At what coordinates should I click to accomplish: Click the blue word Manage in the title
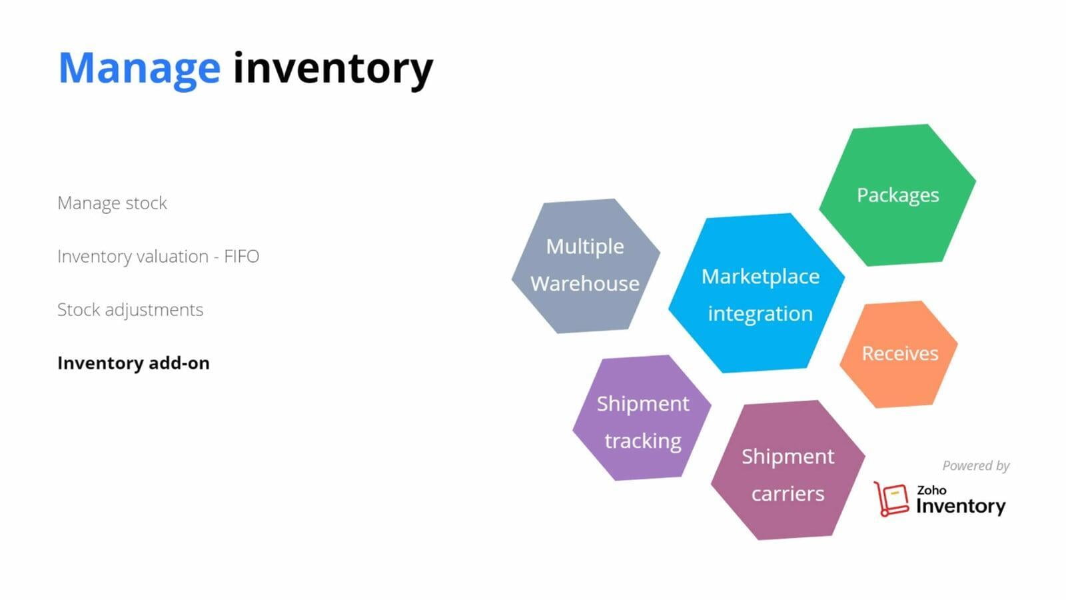[x=139, y=67]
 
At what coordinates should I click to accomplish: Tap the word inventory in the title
[x=332, y=67]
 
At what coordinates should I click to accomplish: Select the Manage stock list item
[x=112, y=203]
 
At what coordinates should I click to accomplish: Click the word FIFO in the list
[x=241, y=256]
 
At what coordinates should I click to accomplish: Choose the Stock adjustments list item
[x=130, y=309]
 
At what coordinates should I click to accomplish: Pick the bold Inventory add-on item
[x=133, y=363]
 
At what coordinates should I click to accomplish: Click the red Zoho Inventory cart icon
[x=891, y=499]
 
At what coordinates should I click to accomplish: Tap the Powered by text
[x=975, y=465]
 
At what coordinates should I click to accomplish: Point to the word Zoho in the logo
[x=931, y=490]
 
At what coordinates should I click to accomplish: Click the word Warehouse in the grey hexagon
[x=585, y=283]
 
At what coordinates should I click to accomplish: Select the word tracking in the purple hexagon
[x=642, y=441]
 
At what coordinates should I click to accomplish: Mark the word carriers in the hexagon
[x=788, y=493]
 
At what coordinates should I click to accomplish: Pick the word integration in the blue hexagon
[x=760, y=313]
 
